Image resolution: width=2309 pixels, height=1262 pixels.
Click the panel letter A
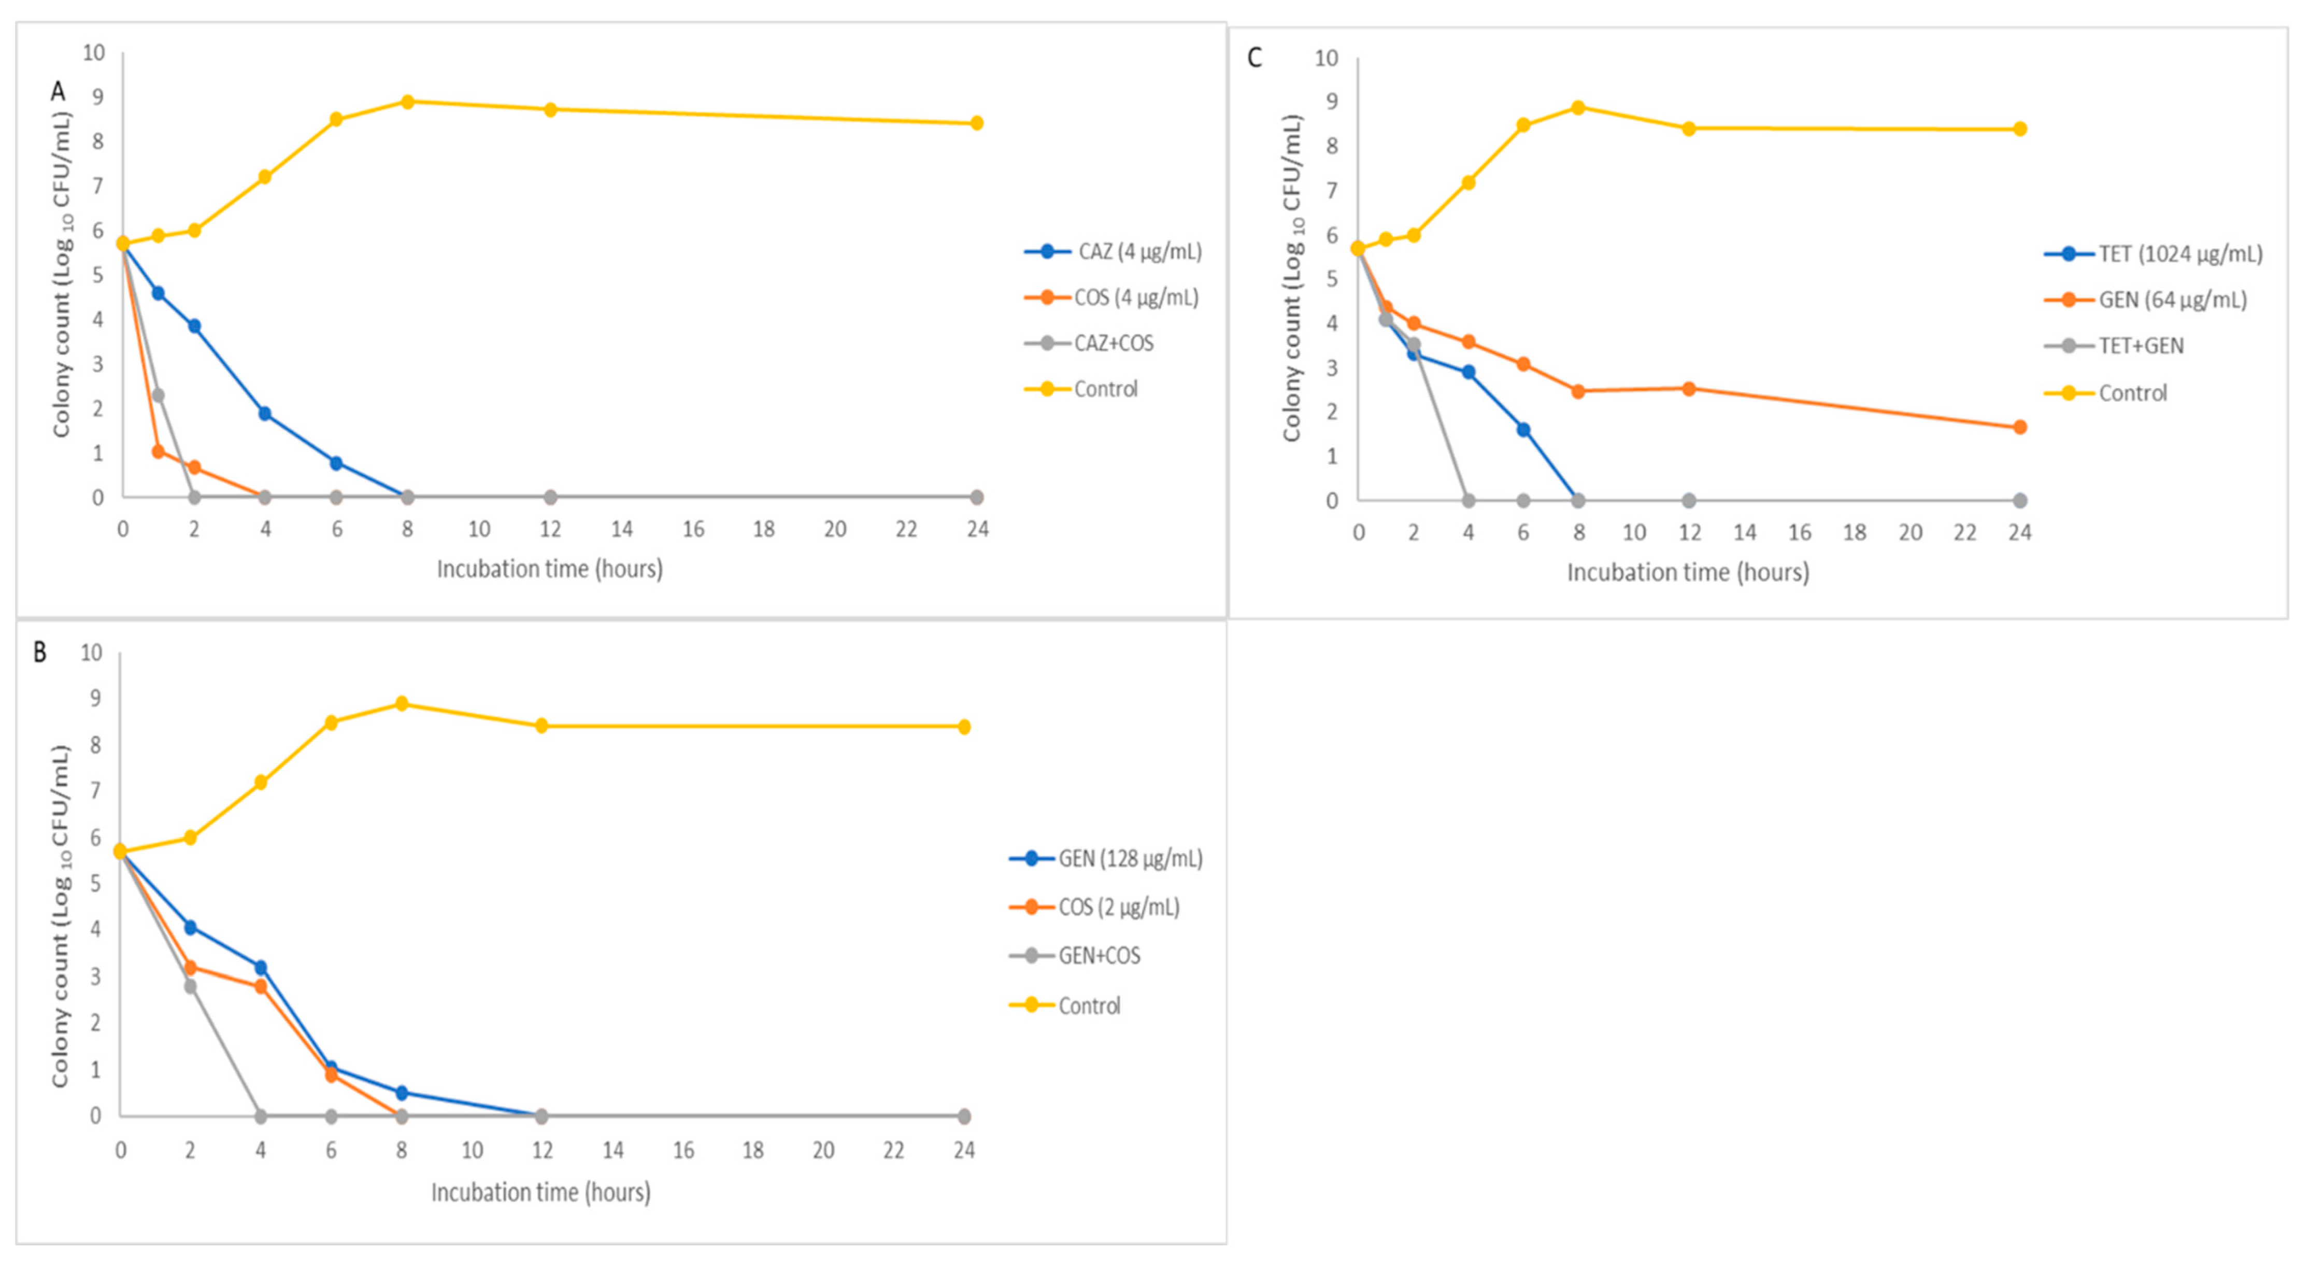[x=58, y=91]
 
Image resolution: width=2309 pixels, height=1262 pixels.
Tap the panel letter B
[x=39, y=651]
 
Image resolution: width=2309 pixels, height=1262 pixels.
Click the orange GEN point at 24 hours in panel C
[x=2019, y=428]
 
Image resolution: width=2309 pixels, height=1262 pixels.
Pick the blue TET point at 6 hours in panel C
[x=1523, y=430]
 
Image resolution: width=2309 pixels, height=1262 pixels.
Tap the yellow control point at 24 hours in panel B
[x=964, y=727]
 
